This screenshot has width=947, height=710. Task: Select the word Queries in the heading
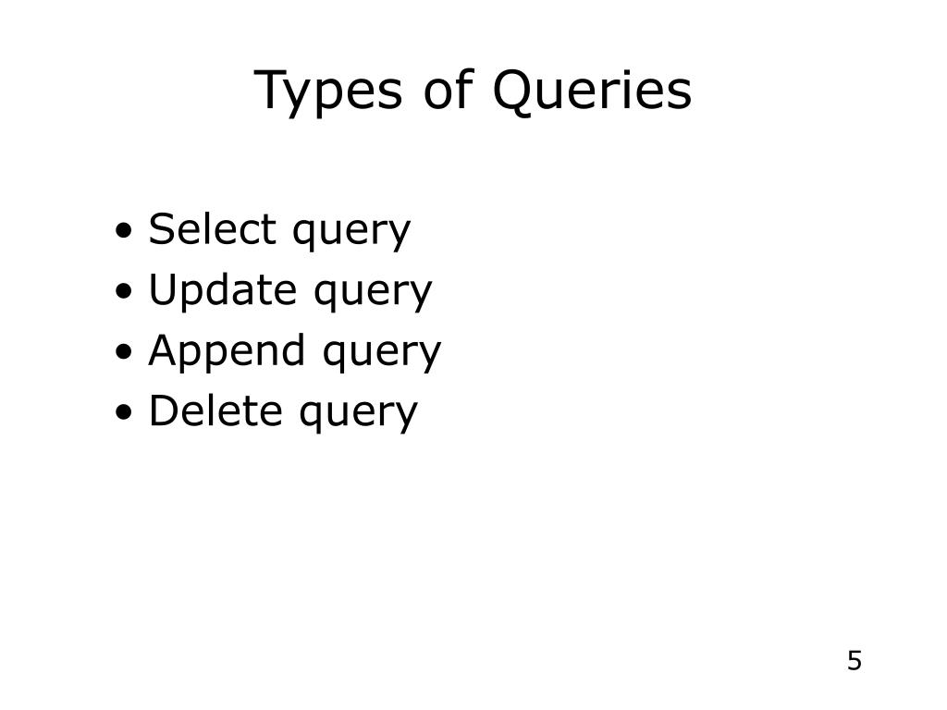click(592, 92)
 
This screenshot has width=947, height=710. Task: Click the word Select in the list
click(212, 229)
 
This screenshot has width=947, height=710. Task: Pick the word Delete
click(215, 410)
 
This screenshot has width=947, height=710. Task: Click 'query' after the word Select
click(351, 233)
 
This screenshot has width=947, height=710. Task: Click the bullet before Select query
click(124, 231)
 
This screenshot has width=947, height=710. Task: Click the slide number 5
click(854, 661)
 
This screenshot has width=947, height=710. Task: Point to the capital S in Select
click(162, 229)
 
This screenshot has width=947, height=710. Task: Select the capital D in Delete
click(163, 410)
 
